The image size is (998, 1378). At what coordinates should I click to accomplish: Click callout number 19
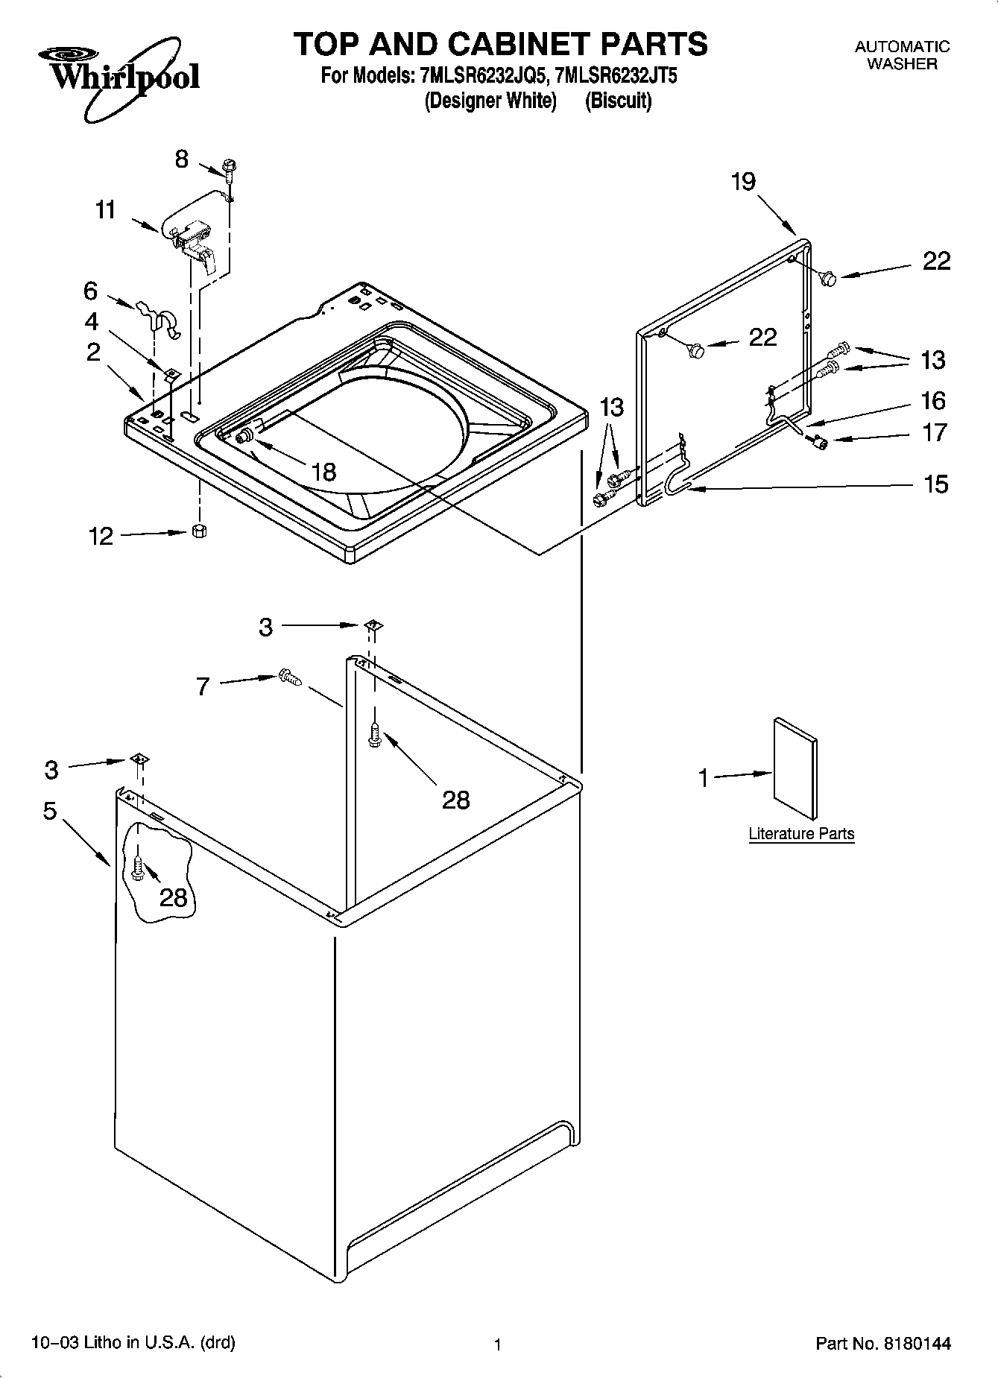(743, 181)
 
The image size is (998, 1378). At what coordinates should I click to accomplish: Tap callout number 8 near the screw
(182, 159)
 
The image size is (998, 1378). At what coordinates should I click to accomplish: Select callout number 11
(106, 210)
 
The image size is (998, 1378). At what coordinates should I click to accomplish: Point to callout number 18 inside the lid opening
(323, 472)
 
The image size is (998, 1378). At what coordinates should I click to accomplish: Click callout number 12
(101, 536)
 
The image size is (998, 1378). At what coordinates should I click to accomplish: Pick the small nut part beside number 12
(199, 531)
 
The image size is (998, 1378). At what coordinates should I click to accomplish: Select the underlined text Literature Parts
(801, 834)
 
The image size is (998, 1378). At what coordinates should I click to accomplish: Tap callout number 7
(203, 686)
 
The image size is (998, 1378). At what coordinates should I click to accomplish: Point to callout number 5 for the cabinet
(50, 811)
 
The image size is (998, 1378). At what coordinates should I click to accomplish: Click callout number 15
(935, 484)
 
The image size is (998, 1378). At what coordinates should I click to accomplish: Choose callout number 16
(933, 401)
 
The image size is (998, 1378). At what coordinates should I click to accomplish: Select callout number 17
(935, 432)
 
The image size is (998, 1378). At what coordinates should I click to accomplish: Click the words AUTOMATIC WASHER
(902, 55)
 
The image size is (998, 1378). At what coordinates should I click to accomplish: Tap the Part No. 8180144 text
(883, 1344)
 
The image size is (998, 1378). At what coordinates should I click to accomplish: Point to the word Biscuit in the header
(618, 101)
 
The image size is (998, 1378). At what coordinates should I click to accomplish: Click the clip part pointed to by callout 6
(160, 318)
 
